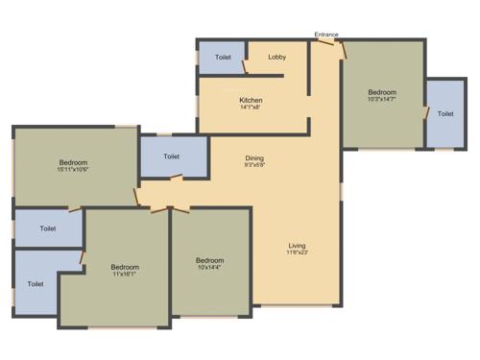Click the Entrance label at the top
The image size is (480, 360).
pos(326,36)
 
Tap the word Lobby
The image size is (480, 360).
pos(277,58)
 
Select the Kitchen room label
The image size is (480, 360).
pos(252,100)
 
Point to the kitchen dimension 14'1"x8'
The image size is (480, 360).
pos(252,108)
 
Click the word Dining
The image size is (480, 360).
pos(254,158)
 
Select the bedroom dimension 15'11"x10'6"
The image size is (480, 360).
pos(73,170)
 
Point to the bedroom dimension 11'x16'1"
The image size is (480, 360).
pos(124,275)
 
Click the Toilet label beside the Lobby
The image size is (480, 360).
pos(223,58)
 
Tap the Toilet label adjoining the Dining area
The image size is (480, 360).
pos(172,156)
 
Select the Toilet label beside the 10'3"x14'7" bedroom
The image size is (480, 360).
pos(445,114)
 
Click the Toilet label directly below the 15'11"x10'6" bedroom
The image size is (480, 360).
pos(48,228)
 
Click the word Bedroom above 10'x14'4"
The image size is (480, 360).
pos(209,260)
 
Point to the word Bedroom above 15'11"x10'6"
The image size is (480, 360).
pos(73,162)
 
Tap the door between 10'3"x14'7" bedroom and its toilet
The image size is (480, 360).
pos(425,112)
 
